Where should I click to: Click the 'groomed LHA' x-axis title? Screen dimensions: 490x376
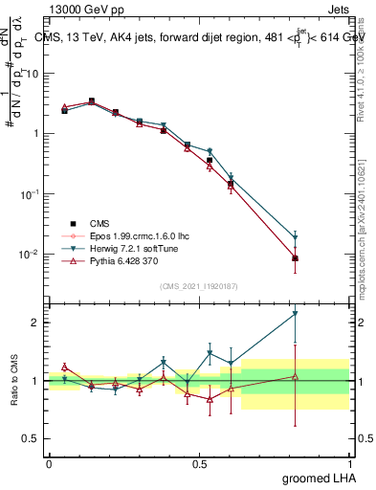(x=321, y=476)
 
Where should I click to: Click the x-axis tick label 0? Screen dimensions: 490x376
(x=49, y=462)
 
